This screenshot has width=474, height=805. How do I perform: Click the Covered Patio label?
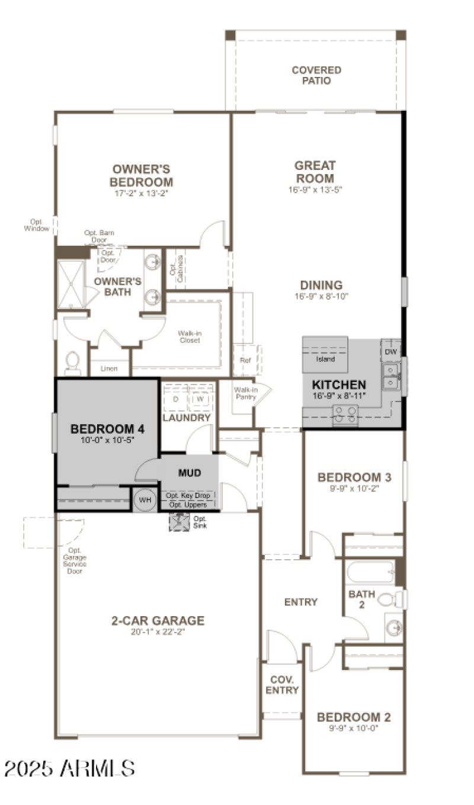[x=316, y=75]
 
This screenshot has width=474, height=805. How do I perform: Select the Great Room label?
[x=315, y=172]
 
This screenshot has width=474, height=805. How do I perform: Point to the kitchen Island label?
[x=325, y=359]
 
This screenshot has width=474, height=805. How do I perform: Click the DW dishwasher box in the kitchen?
[x=390, y=352]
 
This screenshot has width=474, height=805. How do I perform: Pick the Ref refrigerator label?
[x=245, y=360]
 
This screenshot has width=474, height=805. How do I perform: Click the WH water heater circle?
[x=145, y=499]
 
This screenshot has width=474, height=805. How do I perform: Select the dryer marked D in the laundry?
[x=175, y=399]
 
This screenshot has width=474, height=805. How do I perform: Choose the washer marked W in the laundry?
[x=200, y=399]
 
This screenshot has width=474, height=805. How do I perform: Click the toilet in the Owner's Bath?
[x=73, y=363]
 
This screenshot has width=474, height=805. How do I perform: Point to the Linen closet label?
[x=109, y=368]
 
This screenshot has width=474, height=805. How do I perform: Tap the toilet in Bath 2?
[x=388, y=599]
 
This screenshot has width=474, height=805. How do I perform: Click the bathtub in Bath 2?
[x=371, y=572]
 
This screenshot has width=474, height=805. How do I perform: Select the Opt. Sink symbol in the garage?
[x=179, y=522]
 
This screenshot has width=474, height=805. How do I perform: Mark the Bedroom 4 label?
[x=107, y=429]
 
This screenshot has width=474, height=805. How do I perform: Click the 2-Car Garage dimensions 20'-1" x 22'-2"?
[x=158, y=631]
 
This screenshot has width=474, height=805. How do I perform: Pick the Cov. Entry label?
[x=282, y=685]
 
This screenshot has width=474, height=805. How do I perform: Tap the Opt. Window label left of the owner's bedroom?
[x=37, y=225]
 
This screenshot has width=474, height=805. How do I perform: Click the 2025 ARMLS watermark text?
[x=69, y=768]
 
